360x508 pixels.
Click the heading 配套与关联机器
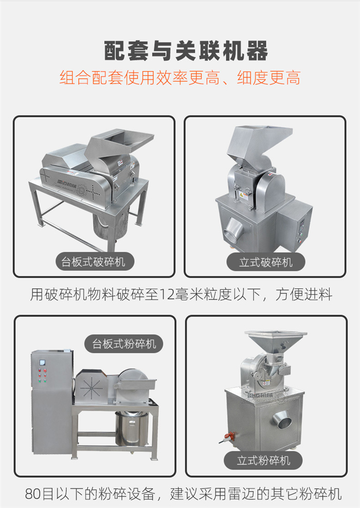[x=186, y=51]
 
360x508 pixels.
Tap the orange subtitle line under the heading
[x=180, y=78]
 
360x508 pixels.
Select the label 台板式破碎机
[x=93, y=262]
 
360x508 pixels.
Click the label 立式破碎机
[x=266, y=262]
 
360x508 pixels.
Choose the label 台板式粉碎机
[x=124, y=344]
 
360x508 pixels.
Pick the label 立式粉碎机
[x=263, y=460]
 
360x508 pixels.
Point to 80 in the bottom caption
[x=33, y=494]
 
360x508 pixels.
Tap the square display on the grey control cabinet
[x=42, y=362]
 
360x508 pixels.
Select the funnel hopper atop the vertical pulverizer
[x=276, y=340]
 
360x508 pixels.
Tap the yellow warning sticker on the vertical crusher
[x=241, y=196]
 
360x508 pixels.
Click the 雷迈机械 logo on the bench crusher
[x=67, y=184]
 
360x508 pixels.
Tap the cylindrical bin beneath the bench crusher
[x=111, y=223]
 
